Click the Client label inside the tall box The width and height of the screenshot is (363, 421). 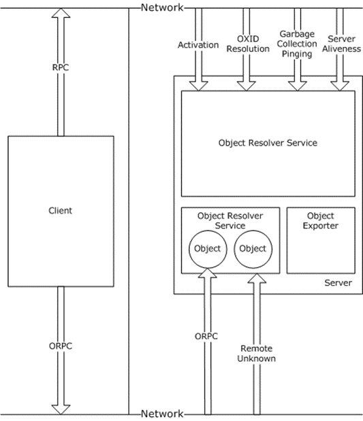pyautogui.click(x=60, y=211)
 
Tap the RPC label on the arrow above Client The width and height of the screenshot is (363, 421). pyautogui.click(x=61, y=67)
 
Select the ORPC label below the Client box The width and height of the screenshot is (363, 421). pyautogui.click(x=61, y=346)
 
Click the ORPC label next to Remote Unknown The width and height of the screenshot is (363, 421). pyautogui.click(x=206, y=336)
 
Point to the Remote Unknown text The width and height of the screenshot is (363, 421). pyautogui.click(x=257, y=354)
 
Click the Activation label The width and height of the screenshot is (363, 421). pyautogui.click(x=198, y=45)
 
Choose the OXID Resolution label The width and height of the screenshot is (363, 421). pyautogui.click(x=248, y=44)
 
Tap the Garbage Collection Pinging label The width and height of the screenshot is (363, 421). pyautogui.click(x=297, y=44)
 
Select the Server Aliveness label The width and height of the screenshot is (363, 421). pyautogui.click(x=341, y=44)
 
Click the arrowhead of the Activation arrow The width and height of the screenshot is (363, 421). pyautogui.click(x=198, y=86)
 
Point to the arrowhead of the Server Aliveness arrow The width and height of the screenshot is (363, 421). pyautogui.click(x=340, y=86)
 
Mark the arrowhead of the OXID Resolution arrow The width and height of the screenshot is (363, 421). pyautogui.click(x=247, y=86)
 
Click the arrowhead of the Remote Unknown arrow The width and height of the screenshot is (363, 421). pyautogui.click(x=257, y=278)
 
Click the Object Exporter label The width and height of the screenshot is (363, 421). pyautogui.click(x=321, y=220)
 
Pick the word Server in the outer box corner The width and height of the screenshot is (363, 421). pyautogui.click(x=338, y=283)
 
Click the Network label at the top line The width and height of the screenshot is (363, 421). pyautogui.click(x=162, y=7)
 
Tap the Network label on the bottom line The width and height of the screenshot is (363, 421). pyautogui.click(x=162, y=414)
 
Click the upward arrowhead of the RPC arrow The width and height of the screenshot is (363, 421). pyautogui.click(x=61, y=13)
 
